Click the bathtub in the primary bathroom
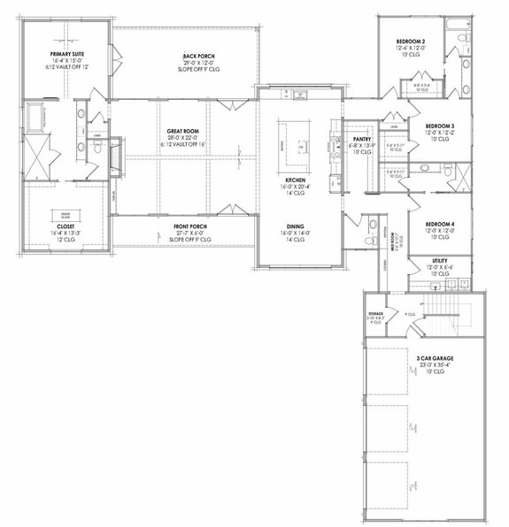click(37, 117)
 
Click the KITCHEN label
click(295, 179)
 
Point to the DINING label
click(295, 228)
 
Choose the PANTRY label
click(361, 139)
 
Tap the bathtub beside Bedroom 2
click(459, 25)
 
